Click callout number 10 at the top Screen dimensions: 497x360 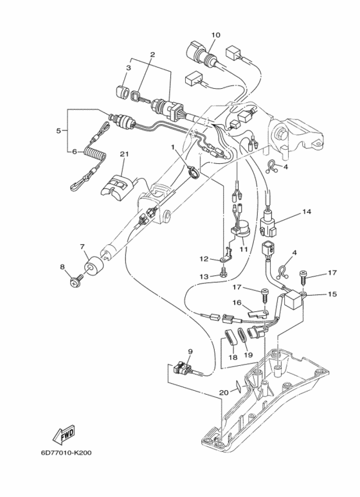(215, 34)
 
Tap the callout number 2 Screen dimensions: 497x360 (152, 55)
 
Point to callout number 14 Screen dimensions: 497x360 (306, 211)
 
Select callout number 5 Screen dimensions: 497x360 (59, 131)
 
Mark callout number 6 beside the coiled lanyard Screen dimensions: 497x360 (74, 152)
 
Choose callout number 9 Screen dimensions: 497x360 (190, 351)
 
